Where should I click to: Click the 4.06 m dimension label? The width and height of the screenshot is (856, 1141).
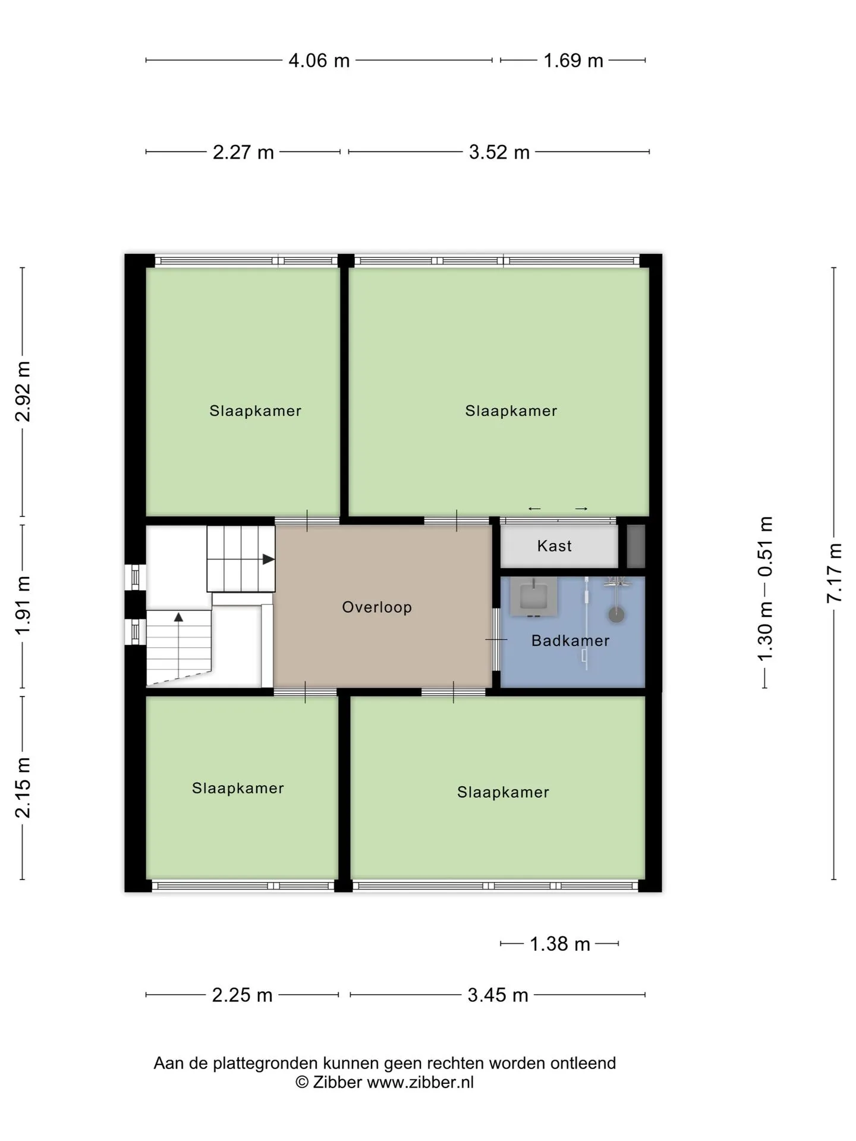pyautogui.click(x=319, y=61)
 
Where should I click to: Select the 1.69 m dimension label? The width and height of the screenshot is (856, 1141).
pyautogui.click(x=574, y=61)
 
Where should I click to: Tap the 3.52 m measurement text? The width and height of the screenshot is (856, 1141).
pyautogui.click(x=499, y=153)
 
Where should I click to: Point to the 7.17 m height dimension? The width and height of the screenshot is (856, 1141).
pyautogui.click(x=834, y=573)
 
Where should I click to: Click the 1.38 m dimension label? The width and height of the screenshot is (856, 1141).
pyautogui.click(x=560, y=944)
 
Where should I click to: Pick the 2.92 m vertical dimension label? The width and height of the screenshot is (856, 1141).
pyautogui.click(x=23, y=392)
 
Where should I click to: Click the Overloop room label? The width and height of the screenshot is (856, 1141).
pyautogui.click(x=377, y=607)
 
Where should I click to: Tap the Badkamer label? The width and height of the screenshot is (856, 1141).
pyautogui.click(x=571, y=641)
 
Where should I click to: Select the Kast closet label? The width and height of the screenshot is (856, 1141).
pyautogui.click(x=555, y=546)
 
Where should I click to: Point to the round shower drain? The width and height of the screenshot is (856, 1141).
pyautogui.click(x=617, y=615)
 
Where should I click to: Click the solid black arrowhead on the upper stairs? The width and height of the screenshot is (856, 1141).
pyautogui.click(x=269, y=559)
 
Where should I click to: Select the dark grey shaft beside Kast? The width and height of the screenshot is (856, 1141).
pyautogui.click(x=636, y=546)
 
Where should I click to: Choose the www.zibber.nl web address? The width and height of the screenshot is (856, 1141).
pyautogui.click(x=420, y=1083)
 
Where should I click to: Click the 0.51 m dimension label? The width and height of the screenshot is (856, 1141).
pyautogui.click(x=765, y=547)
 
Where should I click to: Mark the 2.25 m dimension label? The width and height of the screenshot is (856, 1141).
pyautogui.click(x=242, y=995)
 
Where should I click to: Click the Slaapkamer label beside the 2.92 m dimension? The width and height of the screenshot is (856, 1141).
pyautogui.click(x=256, y=411)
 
